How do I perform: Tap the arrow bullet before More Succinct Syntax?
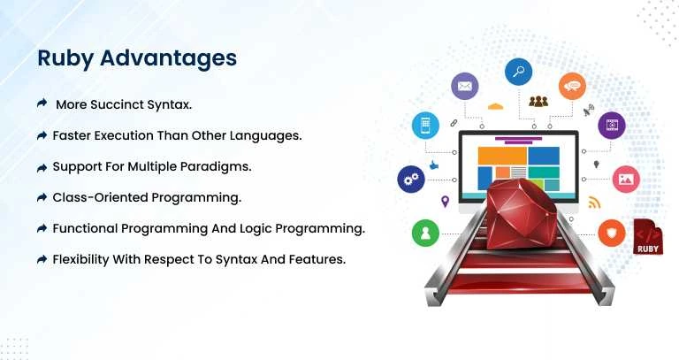pyautogui.click(x=42, y=104)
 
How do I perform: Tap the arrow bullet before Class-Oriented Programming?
pyautogui.click(x=42, y=197)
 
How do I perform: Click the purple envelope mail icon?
pyautogui.click(x=464, y=86)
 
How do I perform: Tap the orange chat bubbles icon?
pyautogui.click(x=572, y=86)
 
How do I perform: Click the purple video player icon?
pyautogui.click(x=611, y=126)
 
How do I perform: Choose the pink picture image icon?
pyautogui.click(x=625, y=179)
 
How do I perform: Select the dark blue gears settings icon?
pyautogui.click(x=410, y=179)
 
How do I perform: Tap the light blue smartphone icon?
pyautogui.click(x=425, y=126)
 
